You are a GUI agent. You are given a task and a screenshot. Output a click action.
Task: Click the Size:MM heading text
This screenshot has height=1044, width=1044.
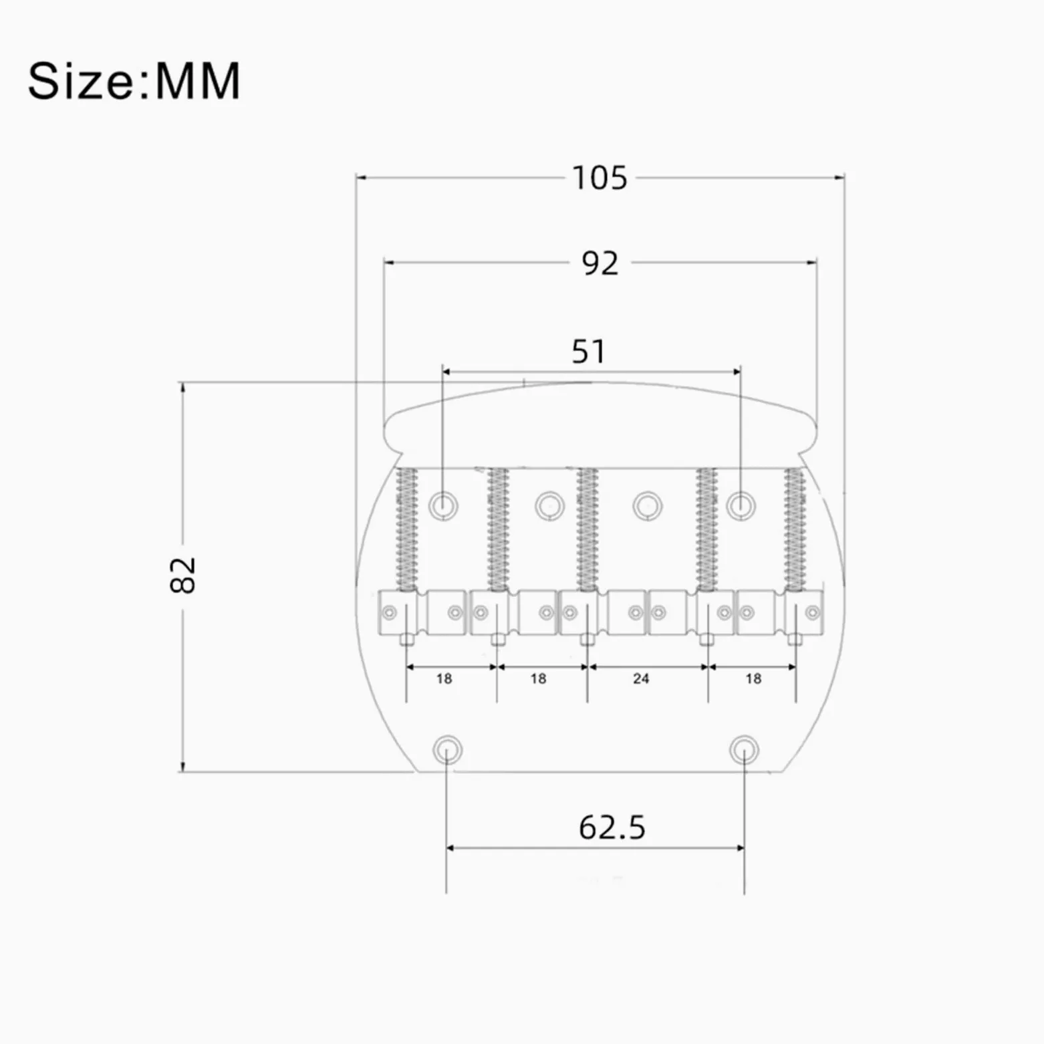[134, 82]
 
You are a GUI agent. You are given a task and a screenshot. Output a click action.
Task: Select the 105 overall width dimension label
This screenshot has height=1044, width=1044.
[600, 178]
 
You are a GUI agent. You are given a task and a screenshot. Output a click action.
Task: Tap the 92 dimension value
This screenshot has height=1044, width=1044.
[600, 263]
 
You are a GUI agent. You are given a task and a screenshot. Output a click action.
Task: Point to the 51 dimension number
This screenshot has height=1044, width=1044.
[588, 352]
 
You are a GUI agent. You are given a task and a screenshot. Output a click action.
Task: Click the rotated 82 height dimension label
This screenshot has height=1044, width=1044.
[182, 575]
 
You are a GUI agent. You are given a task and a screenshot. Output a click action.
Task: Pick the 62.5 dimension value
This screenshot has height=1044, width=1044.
[612, 827]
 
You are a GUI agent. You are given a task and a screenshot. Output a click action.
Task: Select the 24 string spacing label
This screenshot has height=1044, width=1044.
[641, 679]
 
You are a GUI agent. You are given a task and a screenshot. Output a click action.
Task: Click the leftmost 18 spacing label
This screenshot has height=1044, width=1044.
[444, 679]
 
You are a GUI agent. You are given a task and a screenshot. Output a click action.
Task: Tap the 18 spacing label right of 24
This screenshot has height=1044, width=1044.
[753, 679]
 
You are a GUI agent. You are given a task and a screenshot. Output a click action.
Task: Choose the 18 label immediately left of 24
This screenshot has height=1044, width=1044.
[538, 679]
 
